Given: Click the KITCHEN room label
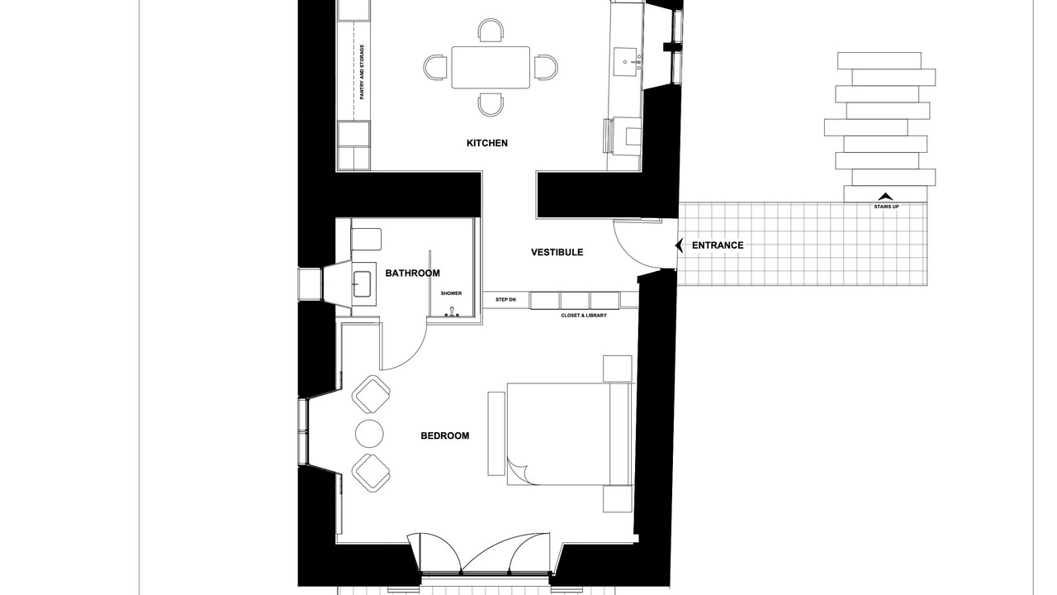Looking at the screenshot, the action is pyautogui.click(x=487, y=143).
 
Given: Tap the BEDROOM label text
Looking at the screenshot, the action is pyautogui.click(x=445, y=436).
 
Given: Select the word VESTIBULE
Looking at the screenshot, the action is pyautogui.click(x=557, y=252).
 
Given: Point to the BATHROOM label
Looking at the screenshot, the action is pyautogui.click(x=412, y=273).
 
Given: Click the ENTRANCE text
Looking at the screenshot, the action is pyautogui.click(x=718, y=245).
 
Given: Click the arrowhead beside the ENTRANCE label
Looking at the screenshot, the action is pyautogui.click(x=680, y=245).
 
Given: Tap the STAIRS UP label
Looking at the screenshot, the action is pyautogui.click(x=886, y=207).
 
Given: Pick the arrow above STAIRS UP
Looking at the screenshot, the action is pyautogui.click(x=885, y=197).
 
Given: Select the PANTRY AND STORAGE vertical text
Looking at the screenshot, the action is pyautogui.click(x=362, y=72).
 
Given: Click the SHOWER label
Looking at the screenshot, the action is pyautogui.click(x=451, y=293).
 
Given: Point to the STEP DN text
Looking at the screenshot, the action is pyautogui.click(x=505, y=300).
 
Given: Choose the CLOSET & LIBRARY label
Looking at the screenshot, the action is pyautogui.click(x=584, y=316).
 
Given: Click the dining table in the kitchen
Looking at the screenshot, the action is pyautogui.click(x=491, y=68).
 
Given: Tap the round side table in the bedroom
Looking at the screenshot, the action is pyautogui.click(x=369, y=434).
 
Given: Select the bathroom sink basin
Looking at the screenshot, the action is pyautogui.click(x=363, y=284).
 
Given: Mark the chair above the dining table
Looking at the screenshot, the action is pyautogui.click(x=491, y=30).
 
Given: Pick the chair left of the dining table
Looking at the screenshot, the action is pyautogui.click(x=435, y=67).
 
